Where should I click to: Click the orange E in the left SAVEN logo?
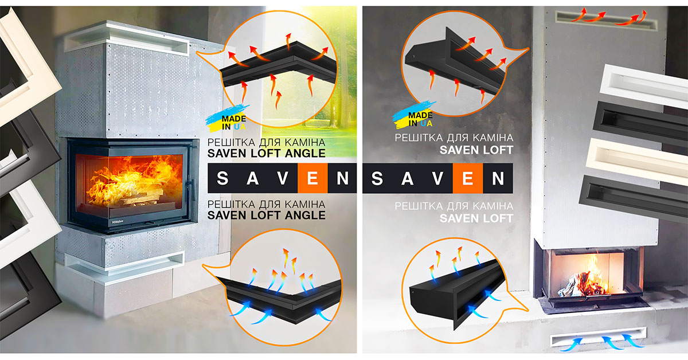312,178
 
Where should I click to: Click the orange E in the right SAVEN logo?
467,178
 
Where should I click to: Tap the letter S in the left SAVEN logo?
222,178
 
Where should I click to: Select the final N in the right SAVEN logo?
498,178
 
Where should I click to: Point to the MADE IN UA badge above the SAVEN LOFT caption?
413,115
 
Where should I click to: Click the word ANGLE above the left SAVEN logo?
305,153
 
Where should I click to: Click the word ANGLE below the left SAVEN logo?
305,216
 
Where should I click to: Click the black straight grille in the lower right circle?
456,294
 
